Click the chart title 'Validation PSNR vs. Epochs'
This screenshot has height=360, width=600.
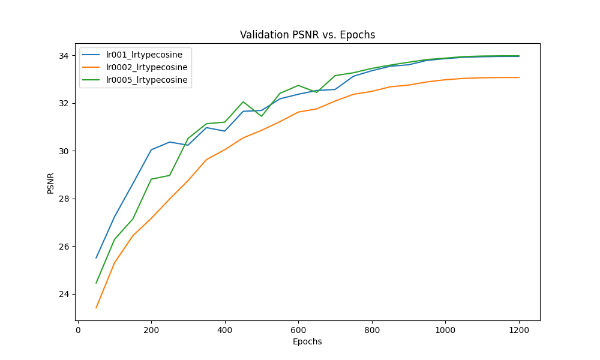point(307,35)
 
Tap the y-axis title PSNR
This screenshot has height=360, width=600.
point(51,183)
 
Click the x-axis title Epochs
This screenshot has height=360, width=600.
point(307,342)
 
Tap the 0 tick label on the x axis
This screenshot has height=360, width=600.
point(78,330)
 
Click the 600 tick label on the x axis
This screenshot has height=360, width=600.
point(298,330)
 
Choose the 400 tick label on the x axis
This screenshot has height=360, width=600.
point(225,330)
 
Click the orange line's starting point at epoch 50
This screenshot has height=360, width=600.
point(96,308)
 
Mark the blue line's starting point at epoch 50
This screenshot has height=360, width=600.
point(96,258)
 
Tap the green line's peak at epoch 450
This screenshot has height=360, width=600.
point(243,102)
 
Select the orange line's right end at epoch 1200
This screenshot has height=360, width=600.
point(519,77)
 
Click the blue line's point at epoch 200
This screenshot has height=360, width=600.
point(151,150)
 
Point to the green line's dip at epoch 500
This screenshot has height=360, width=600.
point(262,116)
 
